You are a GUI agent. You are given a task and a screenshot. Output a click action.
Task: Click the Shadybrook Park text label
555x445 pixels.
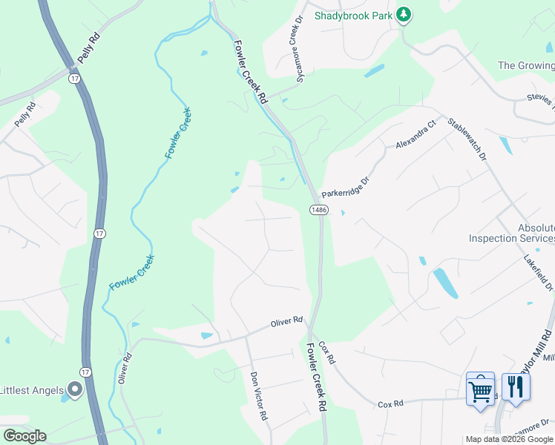click(x=353, y=15)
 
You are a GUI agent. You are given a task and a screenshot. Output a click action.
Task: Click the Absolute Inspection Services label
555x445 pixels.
click(x=512, y=233)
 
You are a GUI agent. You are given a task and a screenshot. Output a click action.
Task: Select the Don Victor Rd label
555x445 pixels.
click(x=258, y=396)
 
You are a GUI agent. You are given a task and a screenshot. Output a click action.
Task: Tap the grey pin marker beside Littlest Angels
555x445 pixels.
click(x=74, y=389)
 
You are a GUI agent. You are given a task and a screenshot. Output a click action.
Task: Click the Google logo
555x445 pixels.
click(x=24, y=436)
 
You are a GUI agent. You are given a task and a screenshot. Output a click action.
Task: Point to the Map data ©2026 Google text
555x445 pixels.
click(x=509, y=439)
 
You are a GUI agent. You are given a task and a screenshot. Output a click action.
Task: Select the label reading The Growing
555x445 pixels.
click(x=526, y=65)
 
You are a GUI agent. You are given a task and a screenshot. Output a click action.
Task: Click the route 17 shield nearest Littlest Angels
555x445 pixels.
click(x=85, y=371)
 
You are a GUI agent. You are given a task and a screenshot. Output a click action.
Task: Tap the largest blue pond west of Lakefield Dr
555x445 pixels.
click(x=444, y=282)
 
